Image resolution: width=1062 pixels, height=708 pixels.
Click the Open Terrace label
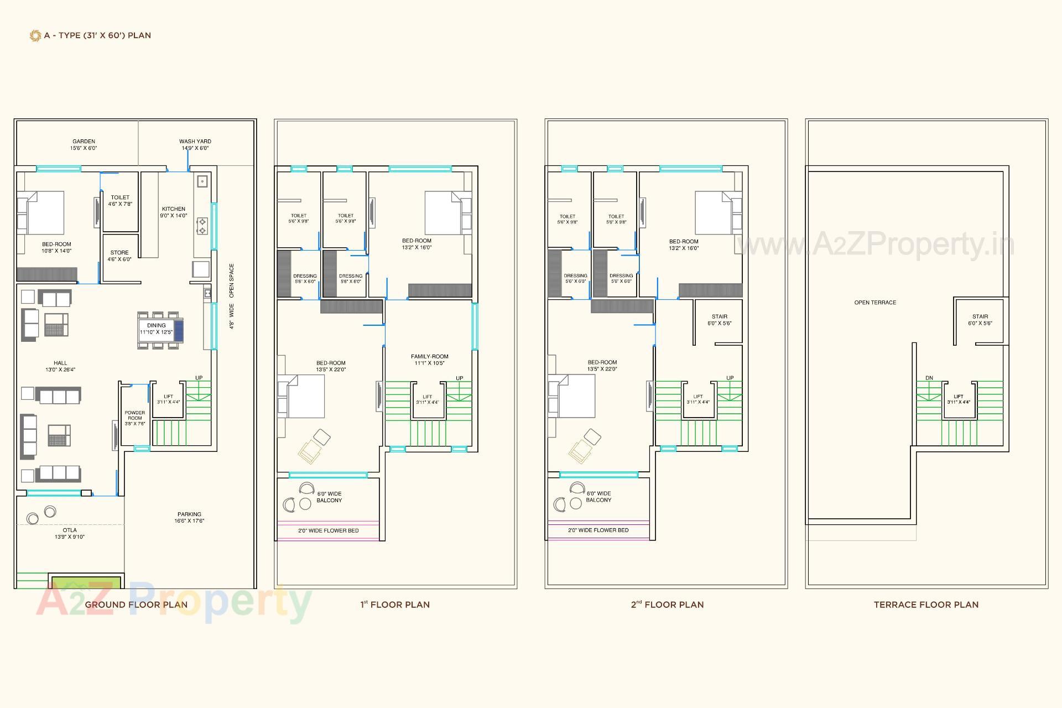[x=875, y=303]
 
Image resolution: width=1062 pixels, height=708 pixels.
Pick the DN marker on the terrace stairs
[x=929, y=378]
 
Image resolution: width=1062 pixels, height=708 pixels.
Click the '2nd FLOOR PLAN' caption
[x=667, y=605]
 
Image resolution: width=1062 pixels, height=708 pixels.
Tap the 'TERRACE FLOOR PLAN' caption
[x=926, y=605]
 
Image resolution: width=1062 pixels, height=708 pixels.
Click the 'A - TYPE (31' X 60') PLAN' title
[x=97, y=35]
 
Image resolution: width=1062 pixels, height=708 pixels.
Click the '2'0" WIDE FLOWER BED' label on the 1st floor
[x=329, y=530]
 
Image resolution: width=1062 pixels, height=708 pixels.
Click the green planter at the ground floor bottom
[x=86, y=582]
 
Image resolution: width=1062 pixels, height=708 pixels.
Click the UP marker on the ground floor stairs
[x=199, y=378]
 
